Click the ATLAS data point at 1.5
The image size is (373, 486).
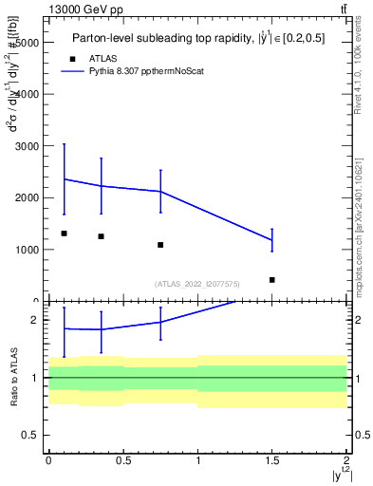point(272,280)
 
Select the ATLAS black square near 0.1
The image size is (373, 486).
point(64,234)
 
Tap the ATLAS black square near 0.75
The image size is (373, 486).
point(160,245)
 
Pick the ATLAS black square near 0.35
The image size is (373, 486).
point(101,236)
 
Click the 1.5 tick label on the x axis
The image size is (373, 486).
point(272,460)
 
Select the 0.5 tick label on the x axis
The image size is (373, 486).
point(123,460)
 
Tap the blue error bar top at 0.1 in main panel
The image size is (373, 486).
point(64,144)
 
